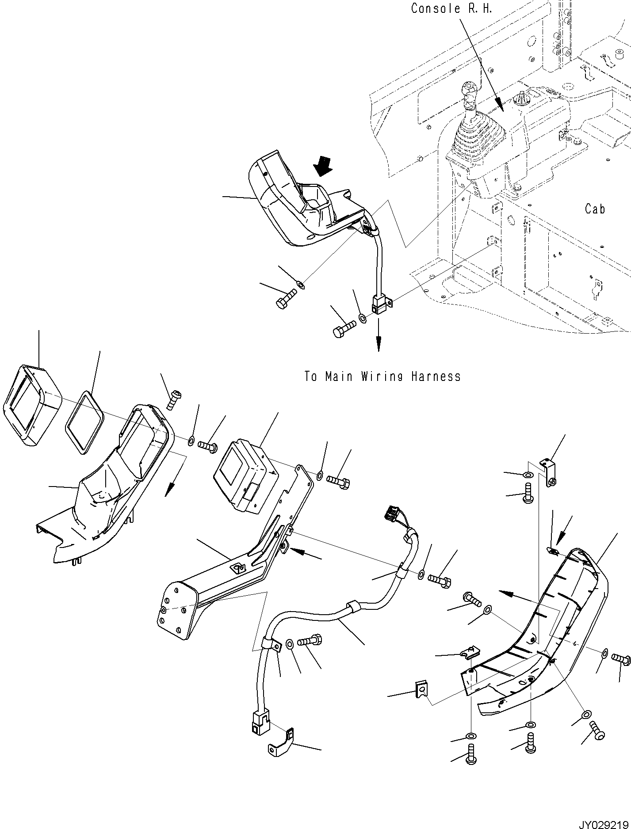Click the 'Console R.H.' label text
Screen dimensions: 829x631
451,9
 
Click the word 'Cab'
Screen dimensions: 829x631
595,209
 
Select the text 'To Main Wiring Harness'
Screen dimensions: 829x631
382,376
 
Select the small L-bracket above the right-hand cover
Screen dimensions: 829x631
548,471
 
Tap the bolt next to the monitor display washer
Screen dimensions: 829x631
338,481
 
